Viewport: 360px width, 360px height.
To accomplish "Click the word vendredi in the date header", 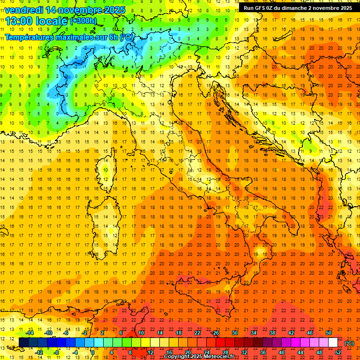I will [x=23, y=10].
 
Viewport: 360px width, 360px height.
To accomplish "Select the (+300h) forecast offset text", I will [x=84, y=21].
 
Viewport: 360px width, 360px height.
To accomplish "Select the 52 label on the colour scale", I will [x=338, y=352].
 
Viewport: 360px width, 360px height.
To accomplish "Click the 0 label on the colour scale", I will [x=93, y=352].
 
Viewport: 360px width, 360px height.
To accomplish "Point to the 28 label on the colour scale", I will [x=225, y=352].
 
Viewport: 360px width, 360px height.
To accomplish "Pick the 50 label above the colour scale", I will [x=329, y=333].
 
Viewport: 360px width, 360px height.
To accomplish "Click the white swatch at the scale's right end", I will [x=333, y=343].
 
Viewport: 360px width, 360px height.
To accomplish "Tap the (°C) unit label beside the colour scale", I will [x=349, y=343].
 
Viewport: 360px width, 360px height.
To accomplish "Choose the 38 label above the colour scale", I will [x=272, y=333].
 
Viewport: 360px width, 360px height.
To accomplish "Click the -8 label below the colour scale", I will [x=57, y=352].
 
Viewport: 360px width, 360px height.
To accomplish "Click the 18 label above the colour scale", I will [x=179, y=333].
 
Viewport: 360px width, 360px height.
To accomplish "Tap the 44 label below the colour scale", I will [x=300, y=352].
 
